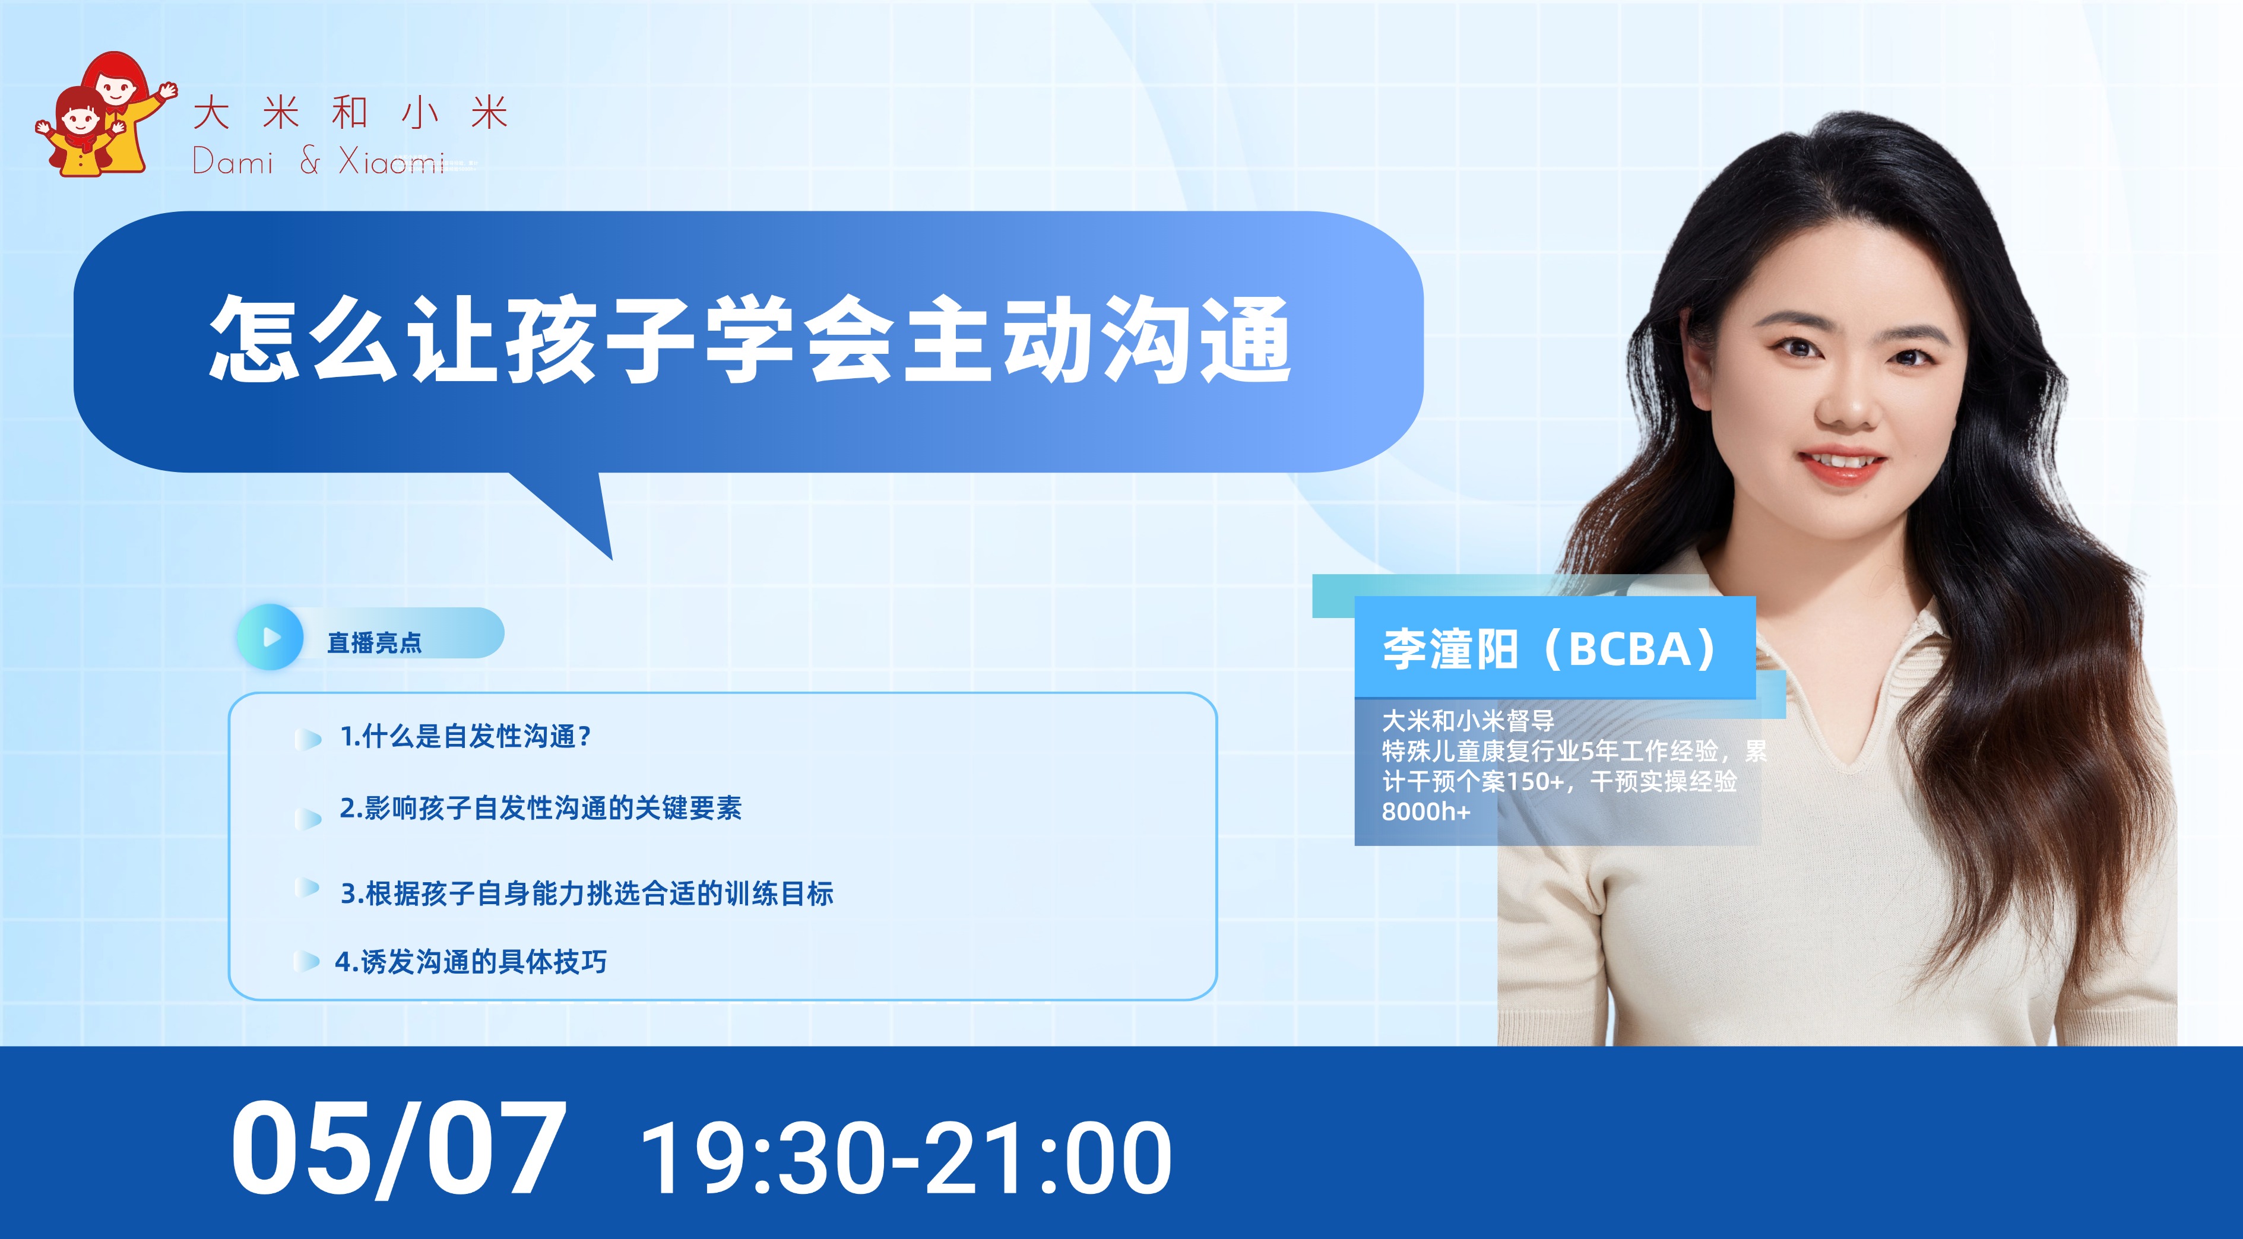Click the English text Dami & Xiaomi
(319, 161)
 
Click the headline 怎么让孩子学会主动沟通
(750, 339)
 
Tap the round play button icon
(271, 638)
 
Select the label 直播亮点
(375, 642)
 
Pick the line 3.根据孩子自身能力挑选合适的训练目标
(587, 893)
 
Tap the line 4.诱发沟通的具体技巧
(471, 961)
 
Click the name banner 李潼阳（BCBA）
(1554, 649)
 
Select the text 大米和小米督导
(1468, 721)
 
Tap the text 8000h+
(1425, 812)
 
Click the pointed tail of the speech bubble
(612, 558)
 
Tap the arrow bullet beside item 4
(306, 961)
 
